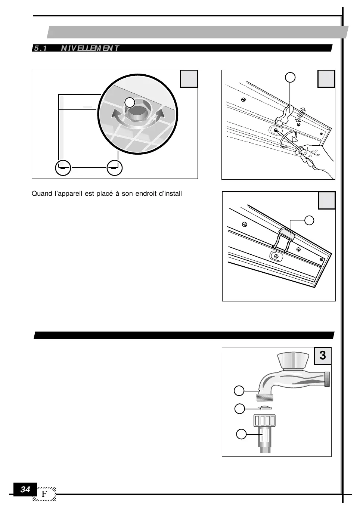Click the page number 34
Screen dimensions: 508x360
25,489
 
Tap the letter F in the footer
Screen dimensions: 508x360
45,494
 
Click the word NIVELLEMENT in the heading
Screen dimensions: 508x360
90,48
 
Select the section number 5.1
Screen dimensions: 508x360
40,48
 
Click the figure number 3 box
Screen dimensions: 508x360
323,356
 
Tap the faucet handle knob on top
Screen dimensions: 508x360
294,360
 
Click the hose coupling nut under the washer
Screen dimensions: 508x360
265,420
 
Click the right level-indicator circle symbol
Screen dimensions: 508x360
114,168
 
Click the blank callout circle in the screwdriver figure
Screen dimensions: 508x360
290,77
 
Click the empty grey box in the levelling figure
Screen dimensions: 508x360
189,79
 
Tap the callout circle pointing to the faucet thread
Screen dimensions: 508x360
239,391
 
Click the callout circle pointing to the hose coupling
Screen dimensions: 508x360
241,434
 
